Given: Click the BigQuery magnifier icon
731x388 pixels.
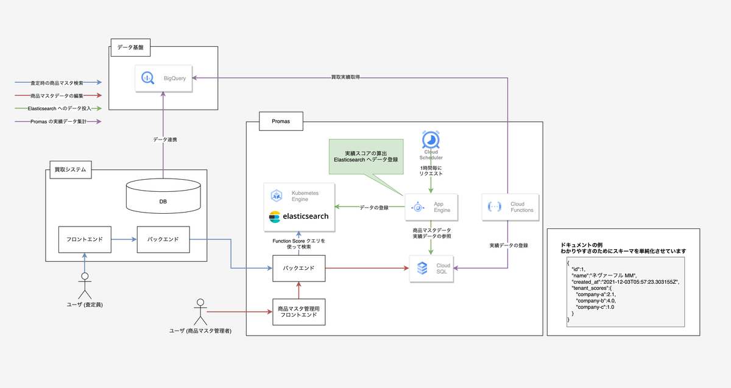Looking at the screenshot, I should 147,78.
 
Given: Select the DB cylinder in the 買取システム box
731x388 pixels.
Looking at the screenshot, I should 163,196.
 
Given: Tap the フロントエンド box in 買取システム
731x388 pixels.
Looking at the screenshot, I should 85,239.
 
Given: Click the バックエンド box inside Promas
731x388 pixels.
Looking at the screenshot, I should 298,268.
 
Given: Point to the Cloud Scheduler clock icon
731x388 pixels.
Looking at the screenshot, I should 432,139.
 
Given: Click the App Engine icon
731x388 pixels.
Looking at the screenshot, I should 418,206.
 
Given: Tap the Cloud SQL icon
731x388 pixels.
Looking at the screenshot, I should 422,269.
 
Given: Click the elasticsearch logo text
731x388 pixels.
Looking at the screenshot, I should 299,216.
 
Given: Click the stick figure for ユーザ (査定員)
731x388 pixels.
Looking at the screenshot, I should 85,283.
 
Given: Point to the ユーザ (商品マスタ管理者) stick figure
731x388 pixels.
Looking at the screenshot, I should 199,311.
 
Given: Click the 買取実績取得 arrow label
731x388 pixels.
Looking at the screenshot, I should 345,77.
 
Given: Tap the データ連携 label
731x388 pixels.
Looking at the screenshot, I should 164,139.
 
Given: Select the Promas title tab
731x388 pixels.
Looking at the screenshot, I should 281,121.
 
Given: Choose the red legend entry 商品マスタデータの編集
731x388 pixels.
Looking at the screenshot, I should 57,96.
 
